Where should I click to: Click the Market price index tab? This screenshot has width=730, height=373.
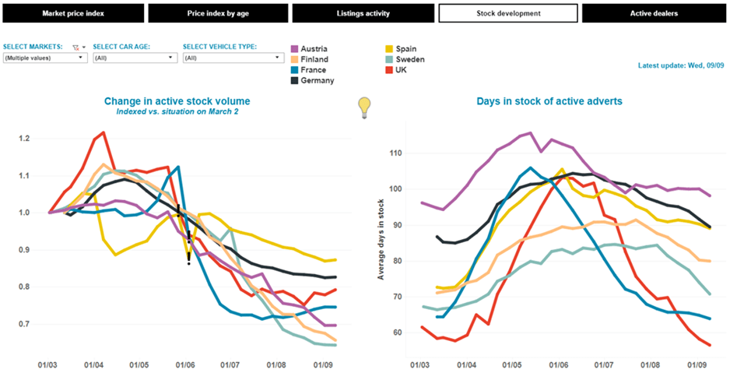(x=73, y=13)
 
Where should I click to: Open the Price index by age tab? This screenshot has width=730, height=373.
(x=217, y=13)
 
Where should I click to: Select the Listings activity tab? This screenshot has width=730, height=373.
(x=362, y=13)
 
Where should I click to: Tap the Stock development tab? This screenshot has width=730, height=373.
(x=508, y=13)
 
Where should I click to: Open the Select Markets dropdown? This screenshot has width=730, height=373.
(x=44, y=58)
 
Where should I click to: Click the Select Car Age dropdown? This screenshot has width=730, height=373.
(x=133, y=58)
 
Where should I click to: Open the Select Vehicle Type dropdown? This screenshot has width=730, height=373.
(x=233, y=58)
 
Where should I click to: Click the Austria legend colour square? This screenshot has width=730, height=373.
(x=295, y=48)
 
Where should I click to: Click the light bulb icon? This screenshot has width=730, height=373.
(x=363, y=107)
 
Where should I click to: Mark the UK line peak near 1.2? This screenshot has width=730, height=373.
(x=104, y=133)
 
